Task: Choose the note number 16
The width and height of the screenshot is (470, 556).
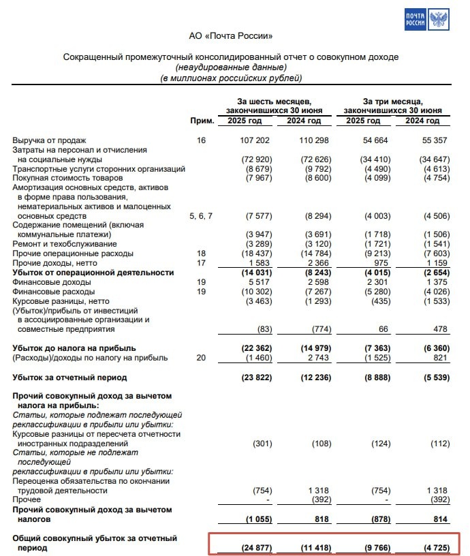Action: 201,140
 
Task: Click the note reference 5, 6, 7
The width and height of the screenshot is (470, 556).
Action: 201,216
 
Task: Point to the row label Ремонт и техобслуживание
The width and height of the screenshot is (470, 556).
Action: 65,244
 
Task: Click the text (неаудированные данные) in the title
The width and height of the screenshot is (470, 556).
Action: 230,67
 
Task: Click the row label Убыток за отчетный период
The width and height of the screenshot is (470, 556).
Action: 69,377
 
